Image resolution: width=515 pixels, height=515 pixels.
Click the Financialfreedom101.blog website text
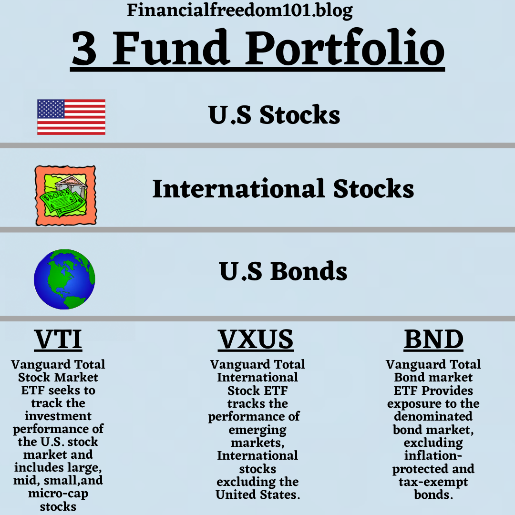[x=240, y=10]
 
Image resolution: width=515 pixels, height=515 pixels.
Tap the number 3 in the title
[x=84, y=48]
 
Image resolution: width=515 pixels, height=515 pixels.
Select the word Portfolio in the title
[x=345, y=47]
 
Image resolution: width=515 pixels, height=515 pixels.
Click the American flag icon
[x=71, y=117]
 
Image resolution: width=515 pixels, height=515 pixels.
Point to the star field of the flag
[x=51, y=109]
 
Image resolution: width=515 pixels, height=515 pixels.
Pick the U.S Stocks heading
[x=274, y=115]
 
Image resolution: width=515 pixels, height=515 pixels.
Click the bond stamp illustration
[x=66, y=196]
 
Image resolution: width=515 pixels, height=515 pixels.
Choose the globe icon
[x=64, y=279]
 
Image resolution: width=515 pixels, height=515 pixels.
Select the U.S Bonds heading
[x=283, y=271]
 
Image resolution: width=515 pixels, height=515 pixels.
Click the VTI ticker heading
[x=58, y=340]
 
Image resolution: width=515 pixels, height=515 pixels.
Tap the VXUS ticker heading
[x=256, y=340]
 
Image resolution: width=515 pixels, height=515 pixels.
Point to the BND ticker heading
[x=433, y=340]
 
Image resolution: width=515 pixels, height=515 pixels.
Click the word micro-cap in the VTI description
[x=58, y=494]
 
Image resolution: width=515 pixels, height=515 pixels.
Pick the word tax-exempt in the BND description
[x=433, y=482]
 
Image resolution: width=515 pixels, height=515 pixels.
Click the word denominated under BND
[x=433, y=416]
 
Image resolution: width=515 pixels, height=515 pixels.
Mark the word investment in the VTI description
[x=58, y=416]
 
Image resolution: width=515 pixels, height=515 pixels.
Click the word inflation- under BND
[x=433, y=455]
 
